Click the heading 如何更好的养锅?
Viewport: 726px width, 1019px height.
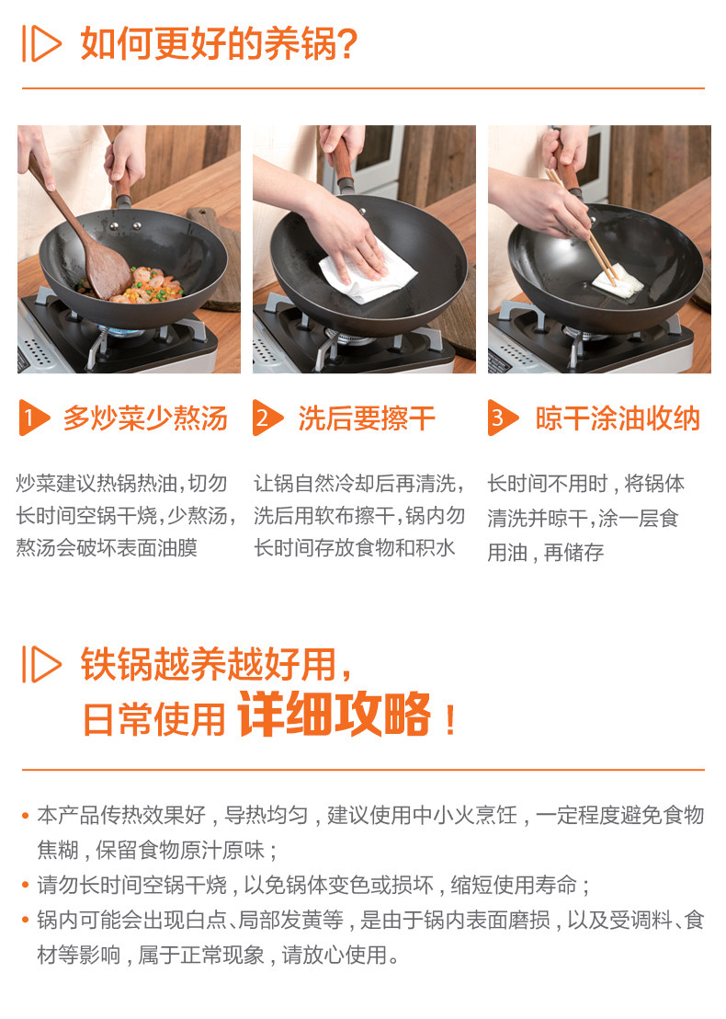pos(219,43)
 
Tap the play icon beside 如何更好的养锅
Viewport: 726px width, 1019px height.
pos(41,43)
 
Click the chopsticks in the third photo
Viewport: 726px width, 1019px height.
pos(581,227)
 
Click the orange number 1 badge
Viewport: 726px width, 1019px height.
pos(34,418)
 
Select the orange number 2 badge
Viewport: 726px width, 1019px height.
pos(267,418)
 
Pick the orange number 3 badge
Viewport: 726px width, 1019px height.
pos(503,418)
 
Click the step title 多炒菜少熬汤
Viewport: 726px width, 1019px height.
pos(145,418)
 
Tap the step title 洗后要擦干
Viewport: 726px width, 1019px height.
pos(367,418)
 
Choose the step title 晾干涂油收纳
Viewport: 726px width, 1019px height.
pos(618,418)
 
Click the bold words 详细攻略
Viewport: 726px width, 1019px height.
pos(335,714)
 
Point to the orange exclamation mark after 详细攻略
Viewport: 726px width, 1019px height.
pos(450,720)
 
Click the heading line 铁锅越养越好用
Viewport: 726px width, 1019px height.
pos(216,663)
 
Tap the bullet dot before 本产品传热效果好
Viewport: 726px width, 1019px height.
pos(26,815)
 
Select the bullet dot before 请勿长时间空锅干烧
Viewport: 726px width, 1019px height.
pos(26,885)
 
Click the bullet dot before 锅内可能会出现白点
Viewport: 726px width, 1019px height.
pos(26,921)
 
